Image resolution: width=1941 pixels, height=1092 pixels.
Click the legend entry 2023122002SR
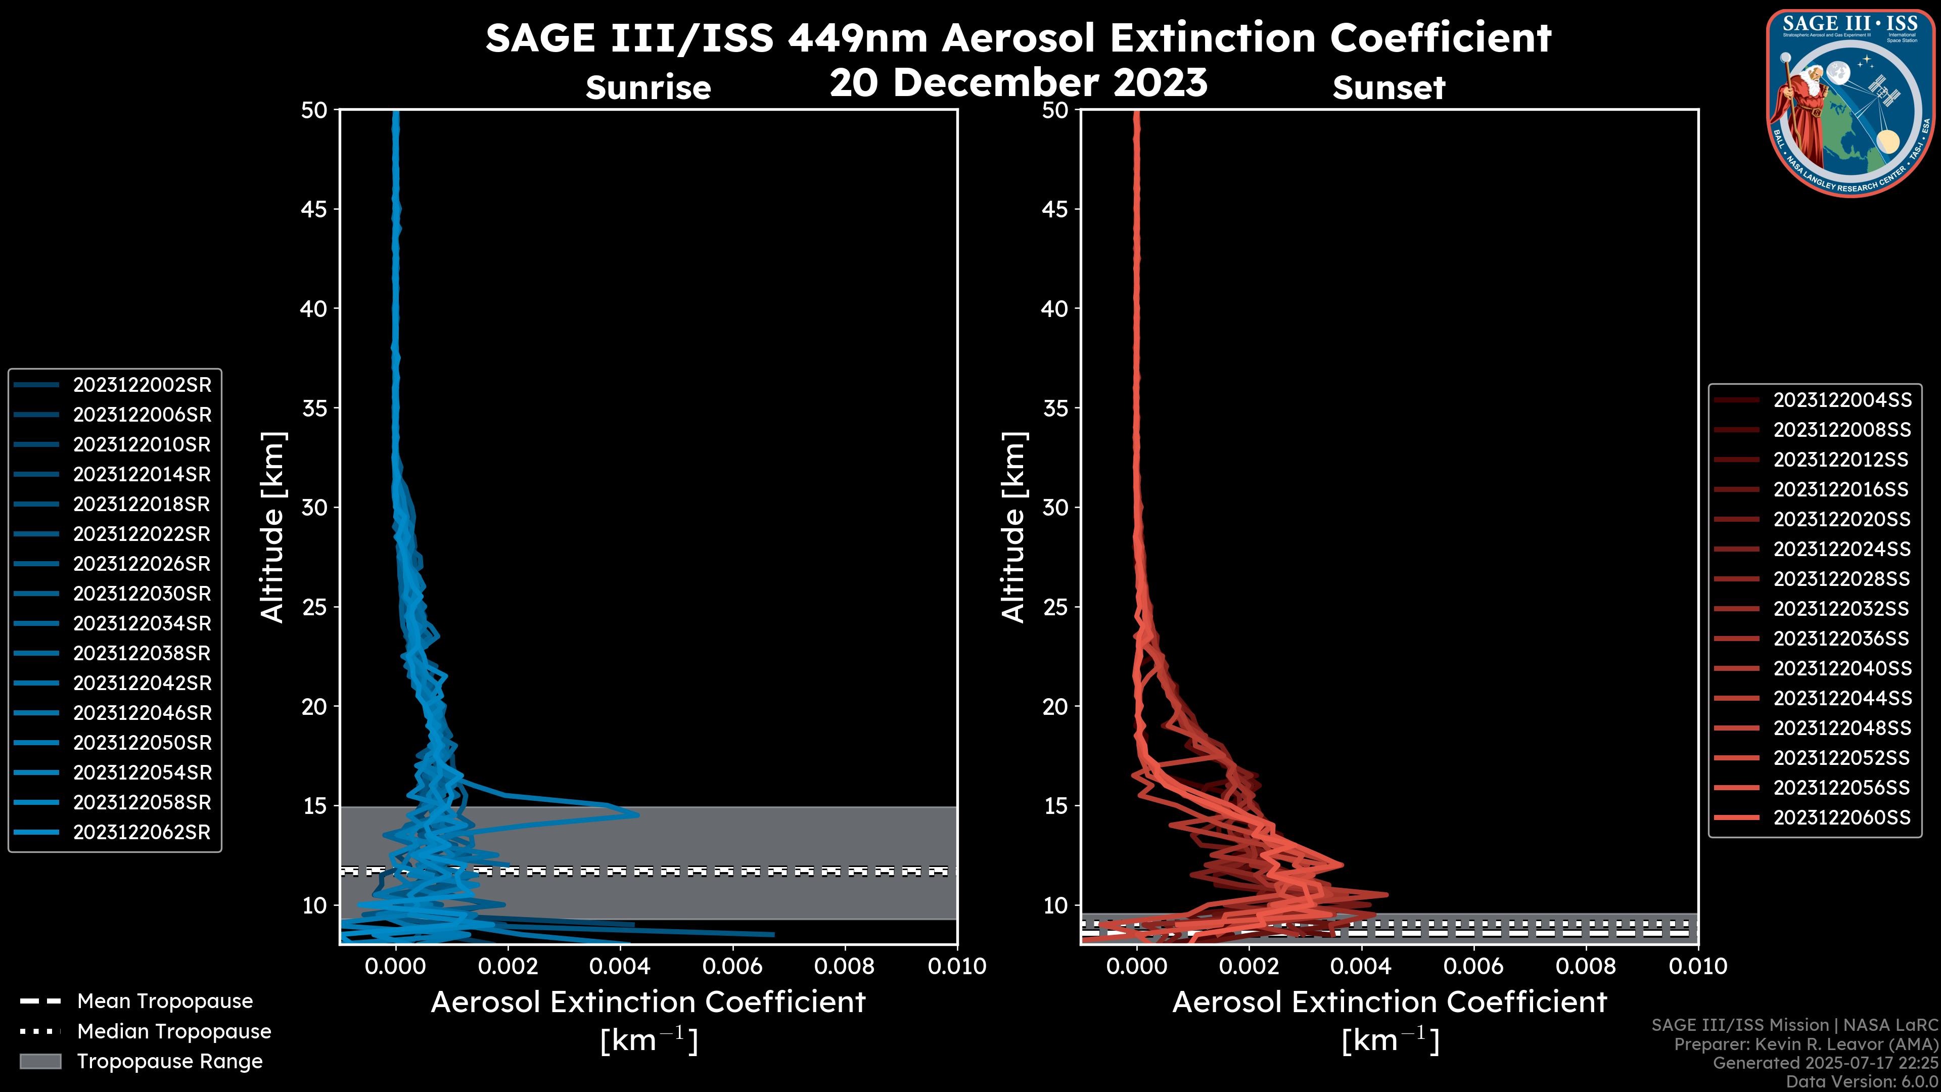click(x=142, y=385)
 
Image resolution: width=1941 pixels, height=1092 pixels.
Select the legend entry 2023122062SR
click(x=142, y=833)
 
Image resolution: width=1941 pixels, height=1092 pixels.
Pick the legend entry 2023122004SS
click(x=1841, y=400)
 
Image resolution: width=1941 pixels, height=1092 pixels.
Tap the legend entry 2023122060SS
click(x=1841, y=817)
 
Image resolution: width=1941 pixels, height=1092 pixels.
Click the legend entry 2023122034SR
click(x=142, y=624)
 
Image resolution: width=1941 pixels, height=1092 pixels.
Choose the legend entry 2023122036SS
click(x=1841, y=639)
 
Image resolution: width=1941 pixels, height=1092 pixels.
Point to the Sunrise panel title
click(x=648, y=88)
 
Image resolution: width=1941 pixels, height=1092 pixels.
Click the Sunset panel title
click(x=1389, y=88)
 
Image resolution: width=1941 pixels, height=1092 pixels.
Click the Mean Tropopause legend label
click(x=165, y=1002)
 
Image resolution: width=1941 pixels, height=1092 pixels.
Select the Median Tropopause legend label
click(x=174, y=1032)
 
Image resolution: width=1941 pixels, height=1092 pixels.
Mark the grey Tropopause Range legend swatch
click(x=40, y=1062)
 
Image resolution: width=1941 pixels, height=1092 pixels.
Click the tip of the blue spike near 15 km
click(x=638, y=814)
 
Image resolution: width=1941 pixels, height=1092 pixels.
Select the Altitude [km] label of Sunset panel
click(x=1013, y=527)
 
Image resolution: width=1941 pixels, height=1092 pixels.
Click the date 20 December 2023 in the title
click(x=1018, y=83)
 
